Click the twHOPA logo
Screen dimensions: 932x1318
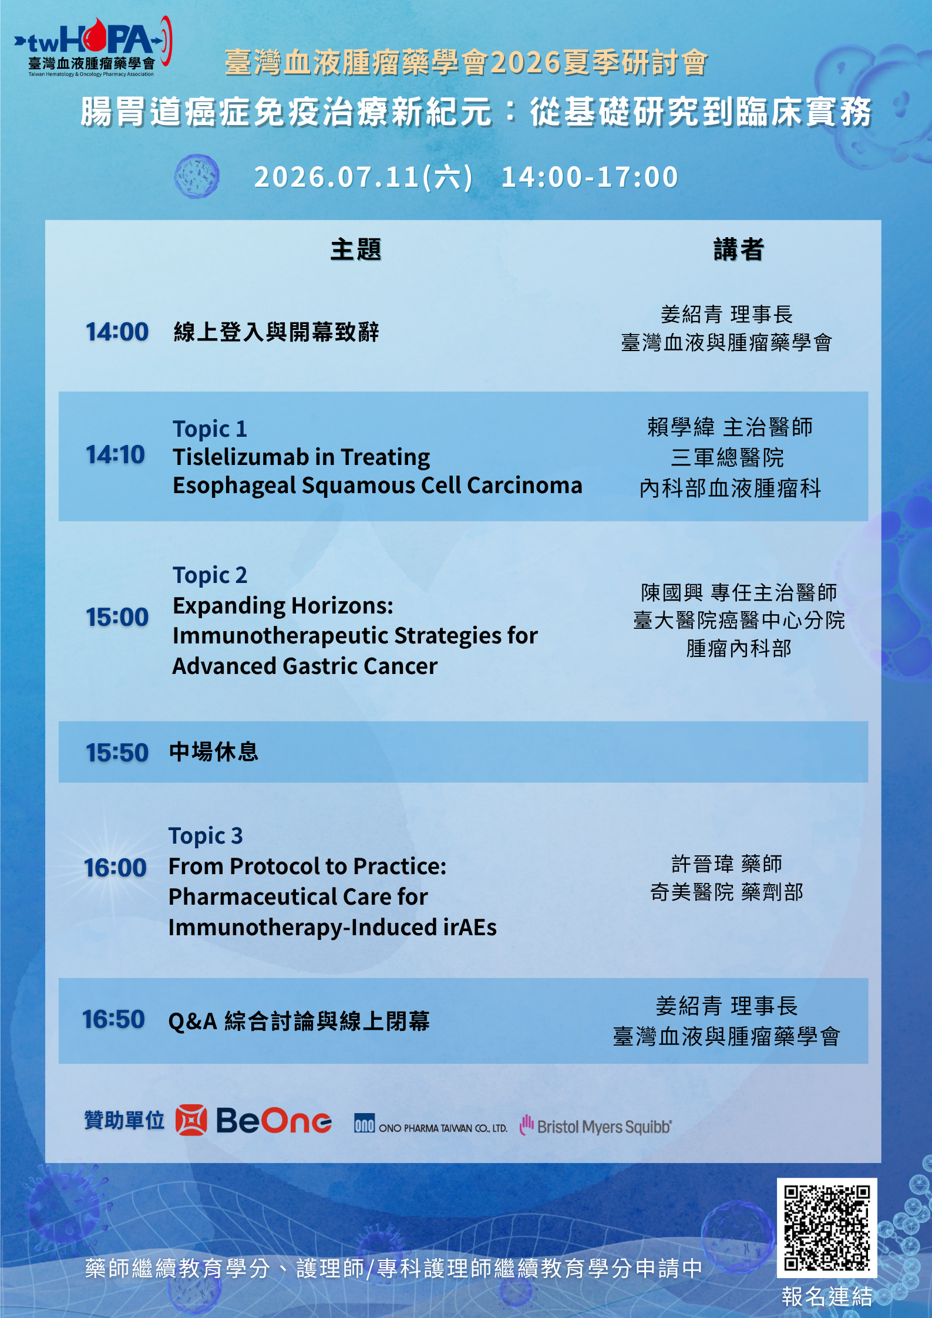[93, 46]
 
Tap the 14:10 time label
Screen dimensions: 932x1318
[115, 454]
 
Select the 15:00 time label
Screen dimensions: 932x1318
[117, 617]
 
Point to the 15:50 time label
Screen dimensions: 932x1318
[117, 753]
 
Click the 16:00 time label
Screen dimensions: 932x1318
[115, 868]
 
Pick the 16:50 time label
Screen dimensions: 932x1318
[113, 1019]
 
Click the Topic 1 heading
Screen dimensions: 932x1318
[210, 429]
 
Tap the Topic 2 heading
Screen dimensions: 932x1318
[210, 575]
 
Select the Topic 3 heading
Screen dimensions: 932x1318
[206, 836]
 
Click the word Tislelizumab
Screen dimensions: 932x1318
[241, 457]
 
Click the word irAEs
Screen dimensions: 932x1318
[470, 928]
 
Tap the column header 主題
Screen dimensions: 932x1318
[355, 250]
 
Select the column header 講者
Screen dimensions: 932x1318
[738, 250]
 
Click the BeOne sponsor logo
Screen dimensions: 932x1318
[254, 1120]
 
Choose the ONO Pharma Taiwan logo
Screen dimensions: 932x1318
[430, 1124]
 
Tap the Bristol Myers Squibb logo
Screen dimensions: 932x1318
[595, 1125]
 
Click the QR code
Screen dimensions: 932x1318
[827, 1228]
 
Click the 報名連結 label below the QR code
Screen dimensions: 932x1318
[827, 1296]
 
